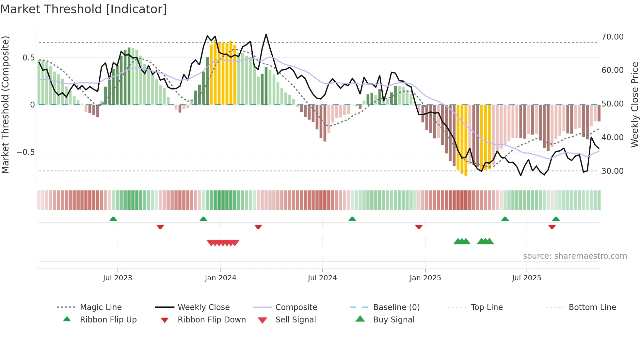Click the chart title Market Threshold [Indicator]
(x=84, y=9)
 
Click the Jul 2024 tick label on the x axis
(x=322, y=278)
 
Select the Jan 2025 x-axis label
(x=425, y=278)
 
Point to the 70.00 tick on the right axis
(x=613, y=37)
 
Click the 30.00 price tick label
(x=613, y=171)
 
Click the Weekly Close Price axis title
(x=634, y=105)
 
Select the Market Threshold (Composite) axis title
(x=5, y=105)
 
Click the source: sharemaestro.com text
(x=575, y=256)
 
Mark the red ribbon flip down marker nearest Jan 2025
(x=419, y=227)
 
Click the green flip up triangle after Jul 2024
(x=352, y=219)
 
